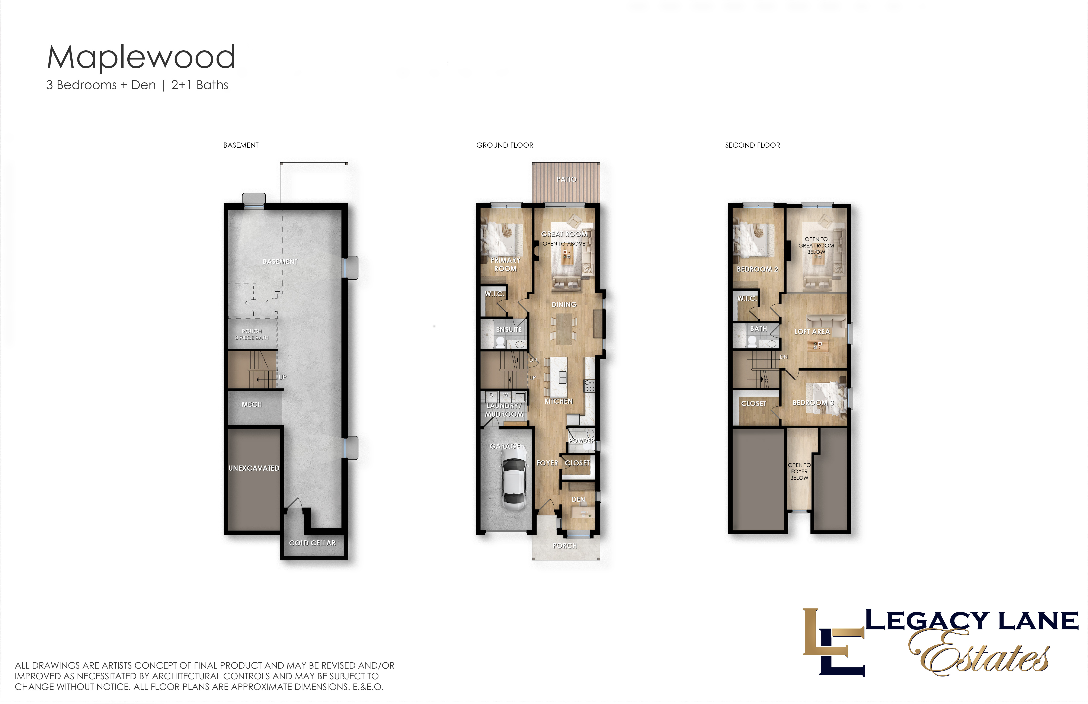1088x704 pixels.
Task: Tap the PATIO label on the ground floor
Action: pos(566,179)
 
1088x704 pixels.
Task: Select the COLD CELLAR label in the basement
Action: pos(312,543)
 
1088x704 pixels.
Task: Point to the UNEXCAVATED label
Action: pos(254,468)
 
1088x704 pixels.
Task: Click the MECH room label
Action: pos(252,404)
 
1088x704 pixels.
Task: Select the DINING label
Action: pos(564,304)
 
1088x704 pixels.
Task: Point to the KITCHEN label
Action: pos(558,401)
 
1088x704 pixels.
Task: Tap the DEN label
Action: pos(578,499)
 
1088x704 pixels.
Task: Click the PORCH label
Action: pos(565,546)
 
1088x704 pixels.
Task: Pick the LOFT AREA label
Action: pos(812,332)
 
